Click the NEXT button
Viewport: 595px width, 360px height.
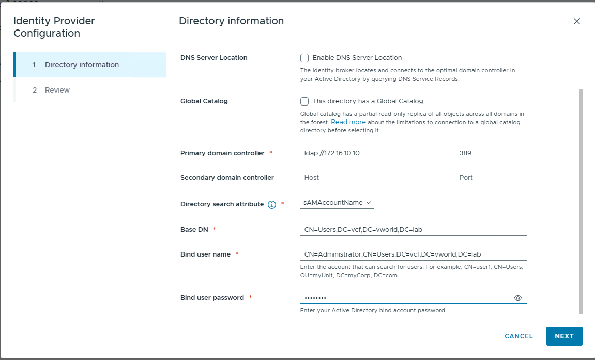(564, 336)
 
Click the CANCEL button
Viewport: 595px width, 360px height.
(518, 336)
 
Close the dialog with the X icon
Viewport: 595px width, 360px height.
(577, 21)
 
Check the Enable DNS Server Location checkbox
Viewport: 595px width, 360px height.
(304, 58)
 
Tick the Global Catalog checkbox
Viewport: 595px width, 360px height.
(304, 101)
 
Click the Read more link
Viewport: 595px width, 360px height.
(348, 122)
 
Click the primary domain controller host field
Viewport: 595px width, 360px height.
(370, 153)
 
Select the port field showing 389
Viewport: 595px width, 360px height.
(491, 153)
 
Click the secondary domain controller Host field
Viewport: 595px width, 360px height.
(370, 178)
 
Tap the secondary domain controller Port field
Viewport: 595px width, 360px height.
(491, 178)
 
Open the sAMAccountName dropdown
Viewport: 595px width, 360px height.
(337, 203)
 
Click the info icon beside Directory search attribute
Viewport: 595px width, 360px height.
(272, 205)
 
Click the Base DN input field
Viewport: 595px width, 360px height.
(414, 229)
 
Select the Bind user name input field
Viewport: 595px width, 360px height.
(414, 254)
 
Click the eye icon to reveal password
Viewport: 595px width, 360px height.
(518, 298)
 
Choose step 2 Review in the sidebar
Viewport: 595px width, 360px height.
(57, 90)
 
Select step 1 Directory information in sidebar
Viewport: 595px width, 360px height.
(82, 65)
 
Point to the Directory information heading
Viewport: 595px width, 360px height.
(231, 21)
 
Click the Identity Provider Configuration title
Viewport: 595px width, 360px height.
(54, 27)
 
